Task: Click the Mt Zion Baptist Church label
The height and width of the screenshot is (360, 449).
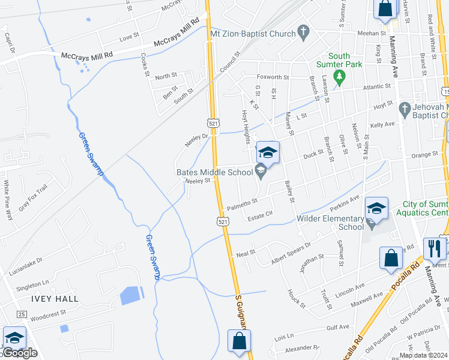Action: (253, 34)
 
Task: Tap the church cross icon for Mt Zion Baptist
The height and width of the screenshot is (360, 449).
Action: (304, 31)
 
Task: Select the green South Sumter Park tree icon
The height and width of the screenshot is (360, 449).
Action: (340, 76)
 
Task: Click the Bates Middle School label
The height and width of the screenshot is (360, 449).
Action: (214, 173)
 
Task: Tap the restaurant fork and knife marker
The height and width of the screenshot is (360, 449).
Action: (434, 248)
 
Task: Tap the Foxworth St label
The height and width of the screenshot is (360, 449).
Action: (273, 77)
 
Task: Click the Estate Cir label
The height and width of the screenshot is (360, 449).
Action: (261, 215)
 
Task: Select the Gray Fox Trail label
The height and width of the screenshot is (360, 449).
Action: (32, 199)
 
